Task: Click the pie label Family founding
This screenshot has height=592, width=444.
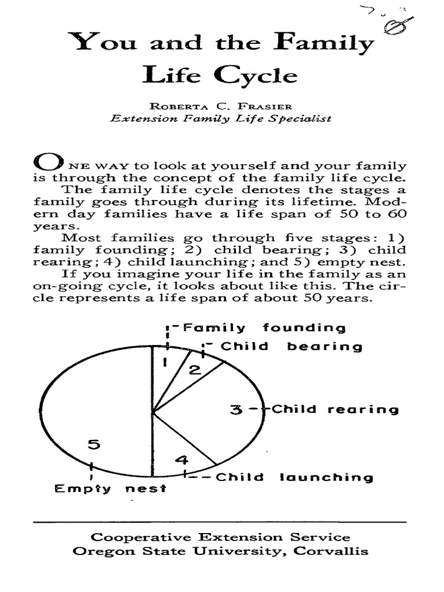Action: coord(264,328)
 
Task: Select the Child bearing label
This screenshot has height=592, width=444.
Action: coord(291,347)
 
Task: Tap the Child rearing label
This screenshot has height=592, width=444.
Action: coord(335,409)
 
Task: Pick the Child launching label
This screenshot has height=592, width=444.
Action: coord(294,478)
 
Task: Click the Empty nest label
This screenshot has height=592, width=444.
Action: coord(110,489)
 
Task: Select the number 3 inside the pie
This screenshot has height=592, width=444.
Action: coord(235,410)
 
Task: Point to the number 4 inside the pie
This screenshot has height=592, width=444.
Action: coord(182,461)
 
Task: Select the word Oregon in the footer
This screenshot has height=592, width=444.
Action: coord(97,551)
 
